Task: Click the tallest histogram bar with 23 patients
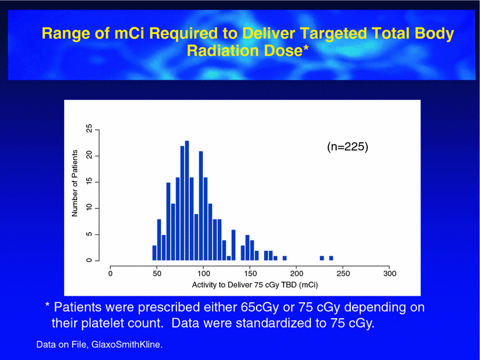(187, 201)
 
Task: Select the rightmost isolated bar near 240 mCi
(331, 258)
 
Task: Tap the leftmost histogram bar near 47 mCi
(154, 253)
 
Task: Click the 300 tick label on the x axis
(389, 273)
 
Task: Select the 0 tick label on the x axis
(111, 273)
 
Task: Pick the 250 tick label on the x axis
(343, 273)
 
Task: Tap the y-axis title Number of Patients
(75, 183)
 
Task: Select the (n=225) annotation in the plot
(347, 147)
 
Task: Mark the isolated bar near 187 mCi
(285, 258)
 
